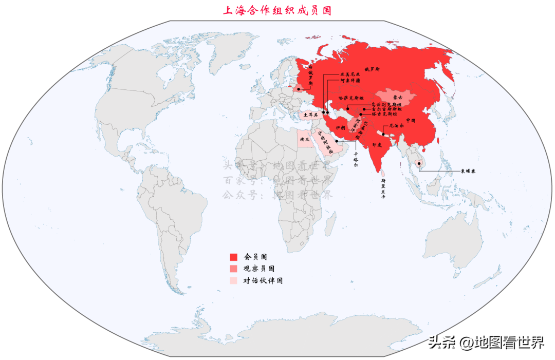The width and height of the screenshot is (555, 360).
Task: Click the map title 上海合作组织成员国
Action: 277,10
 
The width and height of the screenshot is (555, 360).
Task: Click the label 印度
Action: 377,145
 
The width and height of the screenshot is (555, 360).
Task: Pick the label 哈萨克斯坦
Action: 351,98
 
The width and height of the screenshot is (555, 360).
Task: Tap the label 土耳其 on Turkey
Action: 310,115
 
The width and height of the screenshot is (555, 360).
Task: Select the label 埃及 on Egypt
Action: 304,139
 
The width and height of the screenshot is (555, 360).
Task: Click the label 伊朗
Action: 341,127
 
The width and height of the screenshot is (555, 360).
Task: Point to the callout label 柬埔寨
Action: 467,171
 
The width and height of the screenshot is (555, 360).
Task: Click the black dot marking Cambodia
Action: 419,164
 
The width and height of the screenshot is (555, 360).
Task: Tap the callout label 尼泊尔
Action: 397,125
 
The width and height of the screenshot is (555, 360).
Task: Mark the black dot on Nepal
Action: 383,134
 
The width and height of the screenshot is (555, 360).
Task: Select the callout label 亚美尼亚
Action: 350,74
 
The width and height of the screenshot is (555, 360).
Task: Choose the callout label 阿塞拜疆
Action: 350,81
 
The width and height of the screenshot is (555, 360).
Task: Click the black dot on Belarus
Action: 298,89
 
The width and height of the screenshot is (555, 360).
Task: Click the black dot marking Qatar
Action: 337,141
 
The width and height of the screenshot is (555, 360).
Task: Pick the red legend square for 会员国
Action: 233,256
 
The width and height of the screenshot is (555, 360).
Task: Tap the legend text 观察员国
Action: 258,269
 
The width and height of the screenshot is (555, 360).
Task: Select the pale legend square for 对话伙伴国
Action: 233,281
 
